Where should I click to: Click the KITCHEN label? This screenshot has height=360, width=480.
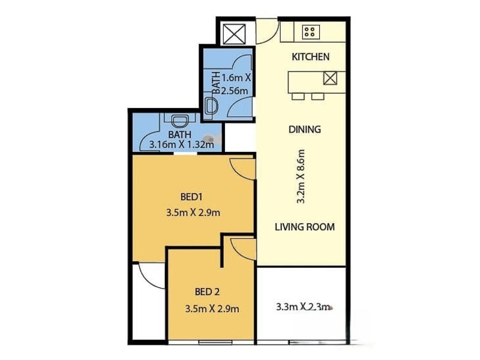click(310, 56)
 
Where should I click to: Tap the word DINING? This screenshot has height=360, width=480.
click(305, 129)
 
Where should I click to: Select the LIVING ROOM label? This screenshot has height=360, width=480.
click(305, 227)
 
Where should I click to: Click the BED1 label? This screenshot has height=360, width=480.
click(191, 197)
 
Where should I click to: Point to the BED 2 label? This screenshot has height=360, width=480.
click(207, 292)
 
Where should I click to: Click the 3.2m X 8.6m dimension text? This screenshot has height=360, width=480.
click(301, 176)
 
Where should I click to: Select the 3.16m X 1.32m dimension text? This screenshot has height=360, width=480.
click(181, 144)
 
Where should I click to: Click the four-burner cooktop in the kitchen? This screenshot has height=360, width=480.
click(311, 32)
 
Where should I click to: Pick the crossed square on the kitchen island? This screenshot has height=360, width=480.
click(330, 78)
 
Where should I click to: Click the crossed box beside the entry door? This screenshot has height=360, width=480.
click(234, 34)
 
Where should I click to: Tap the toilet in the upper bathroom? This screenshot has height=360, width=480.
click(211, 106)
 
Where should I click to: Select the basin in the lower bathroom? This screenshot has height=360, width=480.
click(180, 121)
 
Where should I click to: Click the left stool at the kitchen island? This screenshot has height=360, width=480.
click(298, 97)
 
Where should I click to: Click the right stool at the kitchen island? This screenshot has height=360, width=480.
click(318, 97)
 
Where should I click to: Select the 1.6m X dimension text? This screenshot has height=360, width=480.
click(236, 78)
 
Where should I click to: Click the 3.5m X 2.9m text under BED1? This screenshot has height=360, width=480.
click(193, 212)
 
